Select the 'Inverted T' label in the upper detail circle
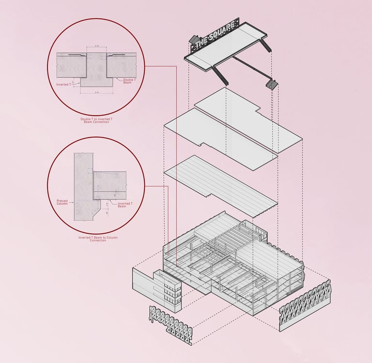coord(63,84)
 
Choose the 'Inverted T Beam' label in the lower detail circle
coord(124,205)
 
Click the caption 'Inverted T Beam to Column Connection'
coord(97,239)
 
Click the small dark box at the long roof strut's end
coord(271,85)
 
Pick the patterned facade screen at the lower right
coord(306,305)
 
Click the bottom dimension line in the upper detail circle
coord(96,91)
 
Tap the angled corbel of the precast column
coord(99,209)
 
